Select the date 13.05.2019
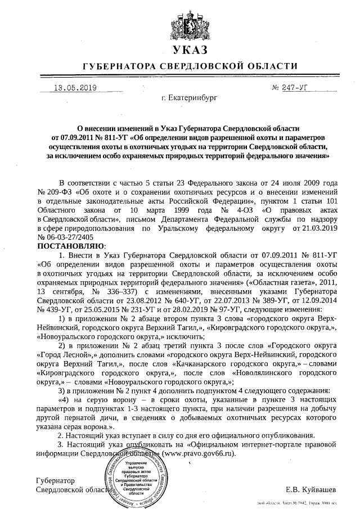[x=75, y=88]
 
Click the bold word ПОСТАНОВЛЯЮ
[x=71, y=246]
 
